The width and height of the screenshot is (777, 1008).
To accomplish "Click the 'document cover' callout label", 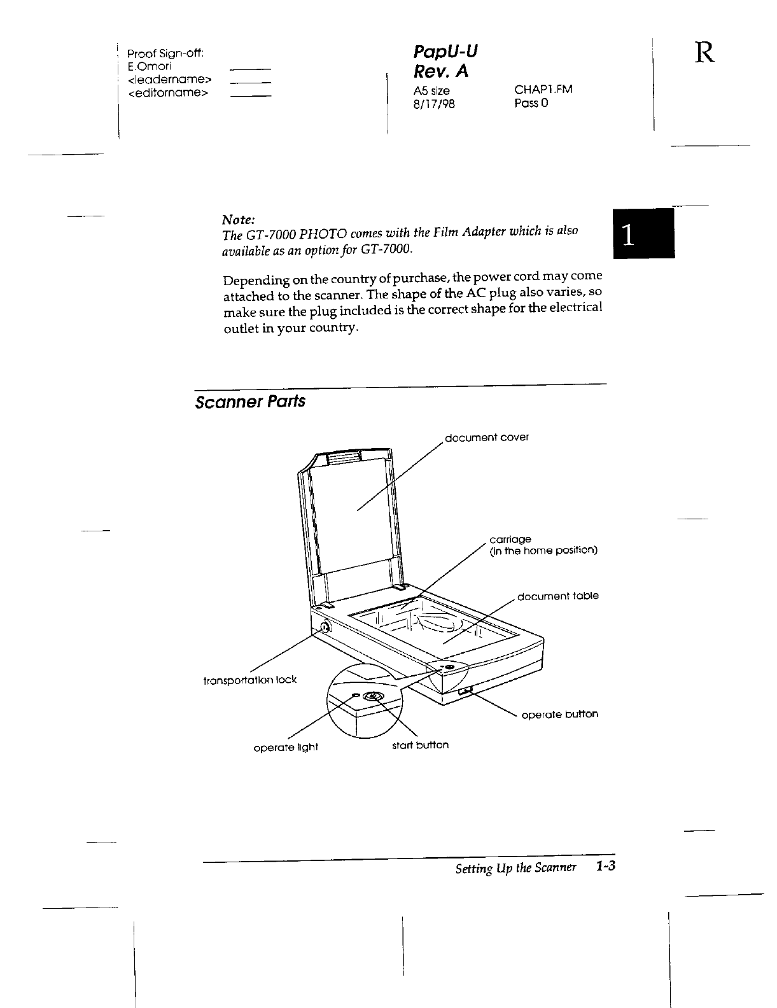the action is coord(487,438).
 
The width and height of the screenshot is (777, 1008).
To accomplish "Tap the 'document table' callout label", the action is coord(557,596).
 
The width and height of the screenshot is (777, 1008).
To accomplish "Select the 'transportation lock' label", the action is coord(249,680).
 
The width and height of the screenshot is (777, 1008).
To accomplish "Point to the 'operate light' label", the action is coord(286,747).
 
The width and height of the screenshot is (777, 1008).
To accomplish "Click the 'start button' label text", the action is coord(420,745).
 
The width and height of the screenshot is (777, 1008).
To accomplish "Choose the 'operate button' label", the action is coord(559,714).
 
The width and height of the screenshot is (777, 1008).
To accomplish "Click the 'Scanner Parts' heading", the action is coord(250,402).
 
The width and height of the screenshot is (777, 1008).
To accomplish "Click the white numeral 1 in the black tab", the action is coord(627,235).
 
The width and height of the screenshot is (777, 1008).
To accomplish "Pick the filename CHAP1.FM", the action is coord(543,89).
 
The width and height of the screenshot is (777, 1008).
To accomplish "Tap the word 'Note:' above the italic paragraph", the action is coord(238,220).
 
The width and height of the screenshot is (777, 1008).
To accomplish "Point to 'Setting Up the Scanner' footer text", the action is coord(515,868).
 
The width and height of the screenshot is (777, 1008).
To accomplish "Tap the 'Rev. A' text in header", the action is coord(440,72).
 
